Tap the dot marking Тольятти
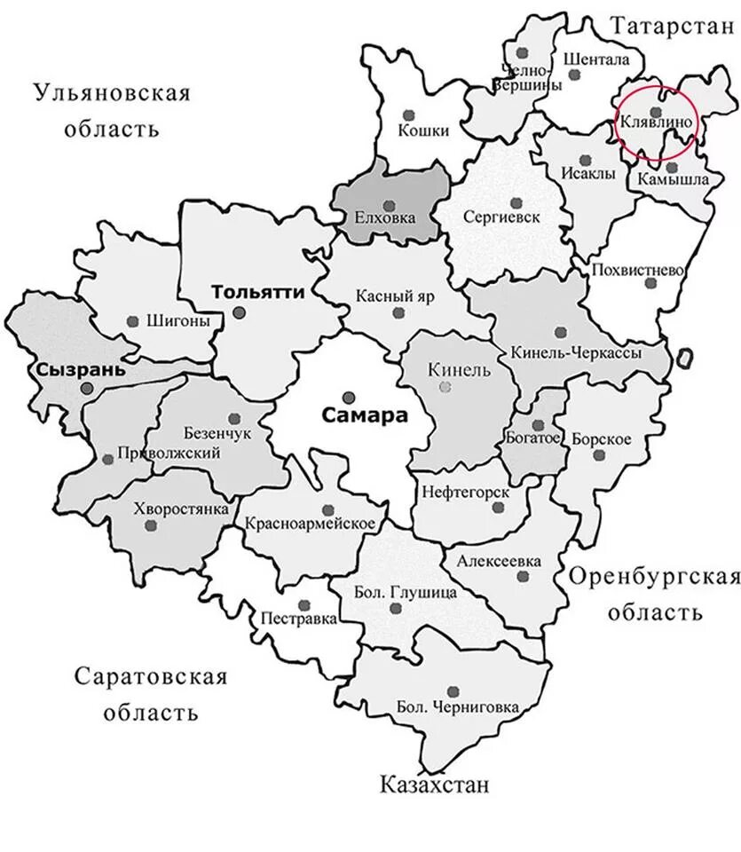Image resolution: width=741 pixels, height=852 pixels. pos(240,312)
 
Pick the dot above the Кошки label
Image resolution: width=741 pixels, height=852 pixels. pos(408,114)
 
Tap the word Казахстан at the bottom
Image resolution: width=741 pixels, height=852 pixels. pos(434,785)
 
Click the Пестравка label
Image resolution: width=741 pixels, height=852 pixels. pos(299,619)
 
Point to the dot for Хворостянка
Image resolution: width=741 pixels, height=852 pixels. pos(151,525)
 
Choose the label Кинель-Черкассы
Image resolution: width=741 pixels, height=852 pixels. pos(576,352)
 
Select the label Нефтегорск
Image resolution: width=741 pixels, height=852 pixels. pos(465,491)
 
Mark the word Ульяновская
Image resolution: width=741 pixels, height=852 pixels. pos(111,92)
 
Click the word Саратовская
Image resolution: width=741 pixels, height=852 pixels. pos(150,677)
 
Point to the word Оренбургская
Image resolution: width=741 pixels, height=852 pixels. pos(654,578)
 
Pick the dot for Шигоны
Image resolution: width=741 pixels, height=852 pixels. pos(133,321)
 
